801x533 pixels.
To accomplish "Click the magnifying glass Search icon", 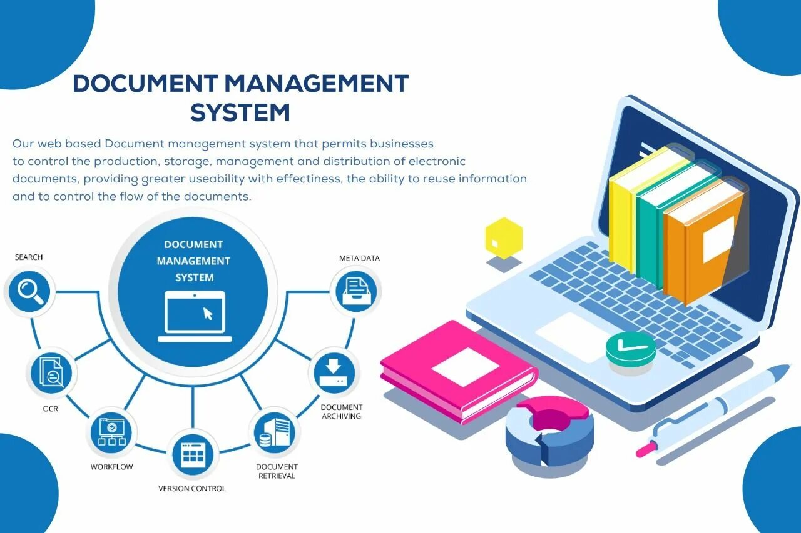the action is [30, 291].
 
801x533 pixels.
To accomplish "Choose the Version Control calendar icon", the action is [193, 454].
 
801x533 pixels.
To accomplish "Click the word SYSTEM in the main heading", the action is [240, 112].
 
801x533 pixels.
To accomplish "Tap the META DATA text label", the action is [359, 258].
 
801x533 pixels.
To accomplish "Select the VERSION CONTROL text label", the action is [192, 488].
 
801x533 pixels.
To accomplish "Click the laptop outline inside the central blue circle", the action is [194, 316].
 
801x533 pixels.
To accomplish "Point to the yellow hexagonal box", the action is [503, 237].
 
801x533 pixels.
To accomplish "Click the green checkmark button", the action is [630, 347].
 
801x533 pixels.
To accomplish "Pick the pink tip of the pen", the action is [643, 450].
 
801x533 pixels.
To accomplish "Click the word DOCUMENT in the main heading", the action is [145, 84].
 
